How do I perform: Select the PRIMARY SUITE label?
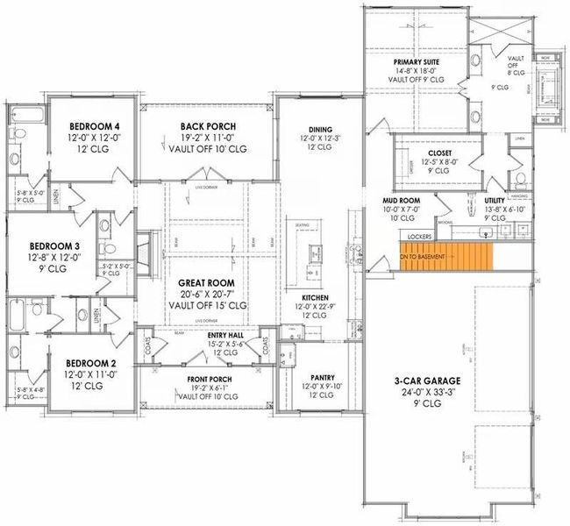(416, 63)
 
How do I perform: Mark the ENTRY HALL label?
(225, 335)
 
